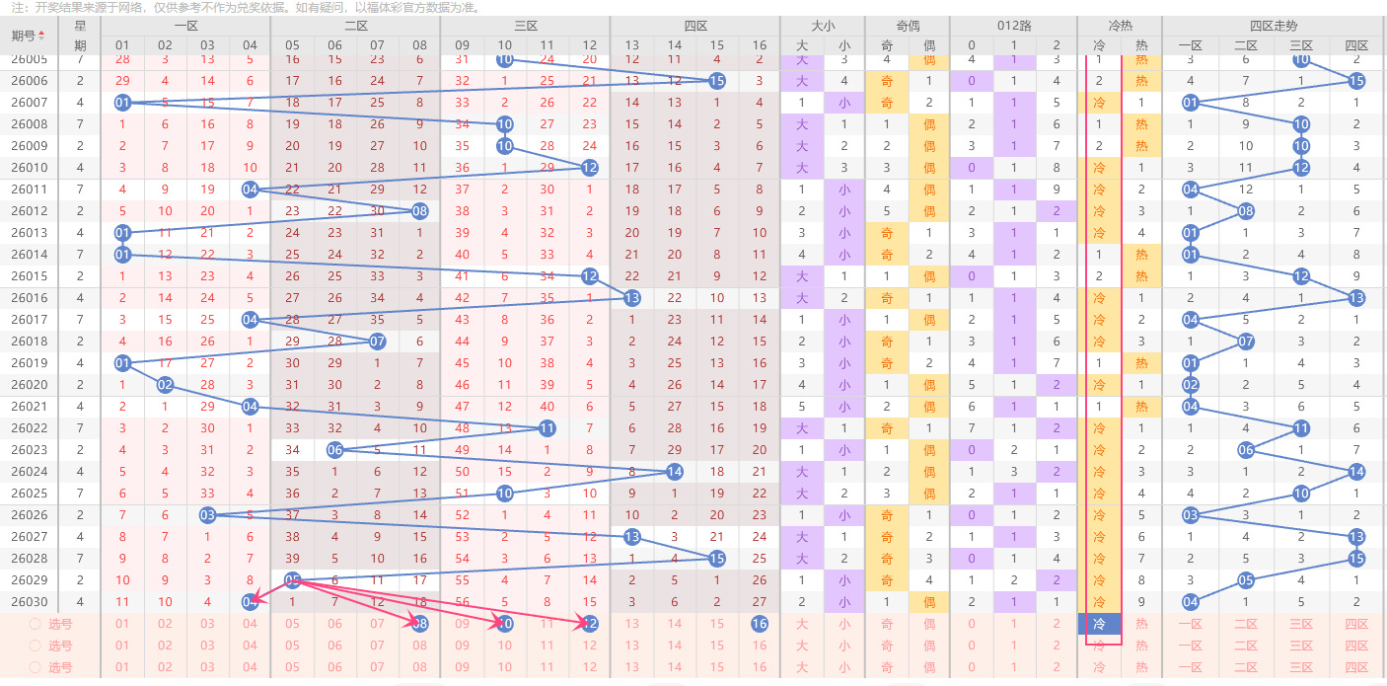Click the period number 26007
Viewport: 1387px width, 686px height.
pyautogui.click(x=29, y=103)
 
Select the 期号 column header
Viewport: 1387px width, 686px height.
pyautogui.click(x=23, y=37)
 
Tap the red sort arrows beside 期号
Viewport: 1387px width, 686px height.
pyautogui.click(x=41, y=37)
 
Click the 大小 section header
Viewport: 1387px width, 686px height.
pyautogui.click(x=823, y=26)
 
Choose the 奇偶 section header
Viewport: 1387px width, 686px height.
pyautogui.click(x=908, y=26)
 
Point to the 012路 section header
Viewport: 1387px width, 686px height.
pyautogui.click(x=1014, y=26)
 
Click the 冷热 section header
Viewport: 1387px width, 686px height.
pyautogui.click(x=1120, y=26)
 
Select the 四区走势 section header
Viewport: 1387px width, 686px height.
pyautogui.click(x=1274, y=26)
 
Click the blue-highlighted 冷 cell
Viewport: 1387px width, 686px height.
pyautogui.click(x=1099, y=624)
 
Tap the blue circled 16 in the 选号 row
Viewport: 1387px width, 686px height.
pyautogui.click(x=759, y=624)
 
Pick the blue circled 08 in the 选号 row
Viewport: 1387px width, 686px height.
pyautogui.click(x=420, y=624)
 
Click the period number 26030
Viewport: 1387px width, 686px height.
pyautogui.click(x=29, y=602)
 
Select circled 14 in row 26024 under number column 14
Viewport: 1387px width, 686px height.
pyautogui.click(x=675, y=472)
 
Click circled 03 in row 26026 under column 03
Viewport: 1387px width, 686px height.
pyautogui.click(x=207, y=515)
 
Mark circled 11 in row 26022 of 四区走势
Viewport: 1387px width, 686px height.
pyautogui.click(x=1301, y=428)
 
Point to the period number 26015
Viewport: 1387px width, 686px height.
pyautogui.click(x=29, y=276)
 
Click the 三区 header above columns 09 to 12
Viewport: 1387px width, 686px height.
pyautogui.click(x=526, y=26)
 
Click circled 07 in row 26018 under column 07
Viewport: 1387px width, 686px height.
pyautogui.click(x=377, y=342)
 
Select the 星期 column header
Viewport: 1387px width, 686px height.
pyautogui.click(x=80, y=36)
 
